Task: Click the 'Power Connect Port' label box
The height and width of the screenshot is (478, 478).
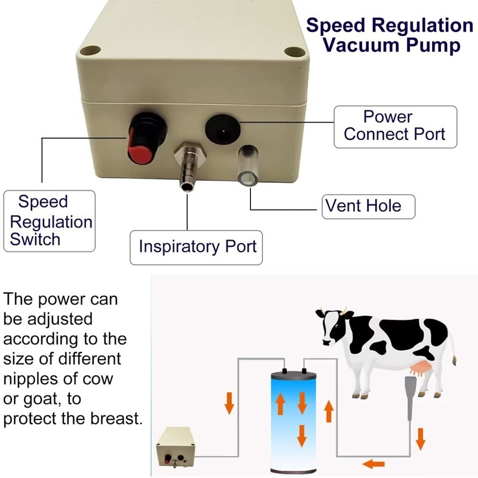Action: pyautogui.click(x=395, y=126)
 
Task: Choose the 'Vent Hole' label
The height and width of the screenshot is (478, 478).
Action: pyautogui.click(x=363, y=207)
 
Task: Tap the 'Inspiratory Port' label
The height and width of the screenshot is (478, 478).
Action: pyautogui.click(x=197, y=246)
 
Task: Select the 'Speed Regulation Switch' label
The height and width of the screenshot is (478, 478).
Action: pyautogui.click(x=50, y=221)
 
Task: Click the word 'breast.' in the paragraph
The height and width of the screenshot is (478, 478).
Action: pyautogui.click(x=114, y=418)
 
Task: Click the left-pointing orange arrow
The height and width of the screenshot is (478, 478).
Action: pyautogui.click(x=375, y=462)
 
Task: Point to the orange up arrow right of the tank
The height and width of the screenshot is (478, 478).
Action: pyautogui.click(x=328, y=412)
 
